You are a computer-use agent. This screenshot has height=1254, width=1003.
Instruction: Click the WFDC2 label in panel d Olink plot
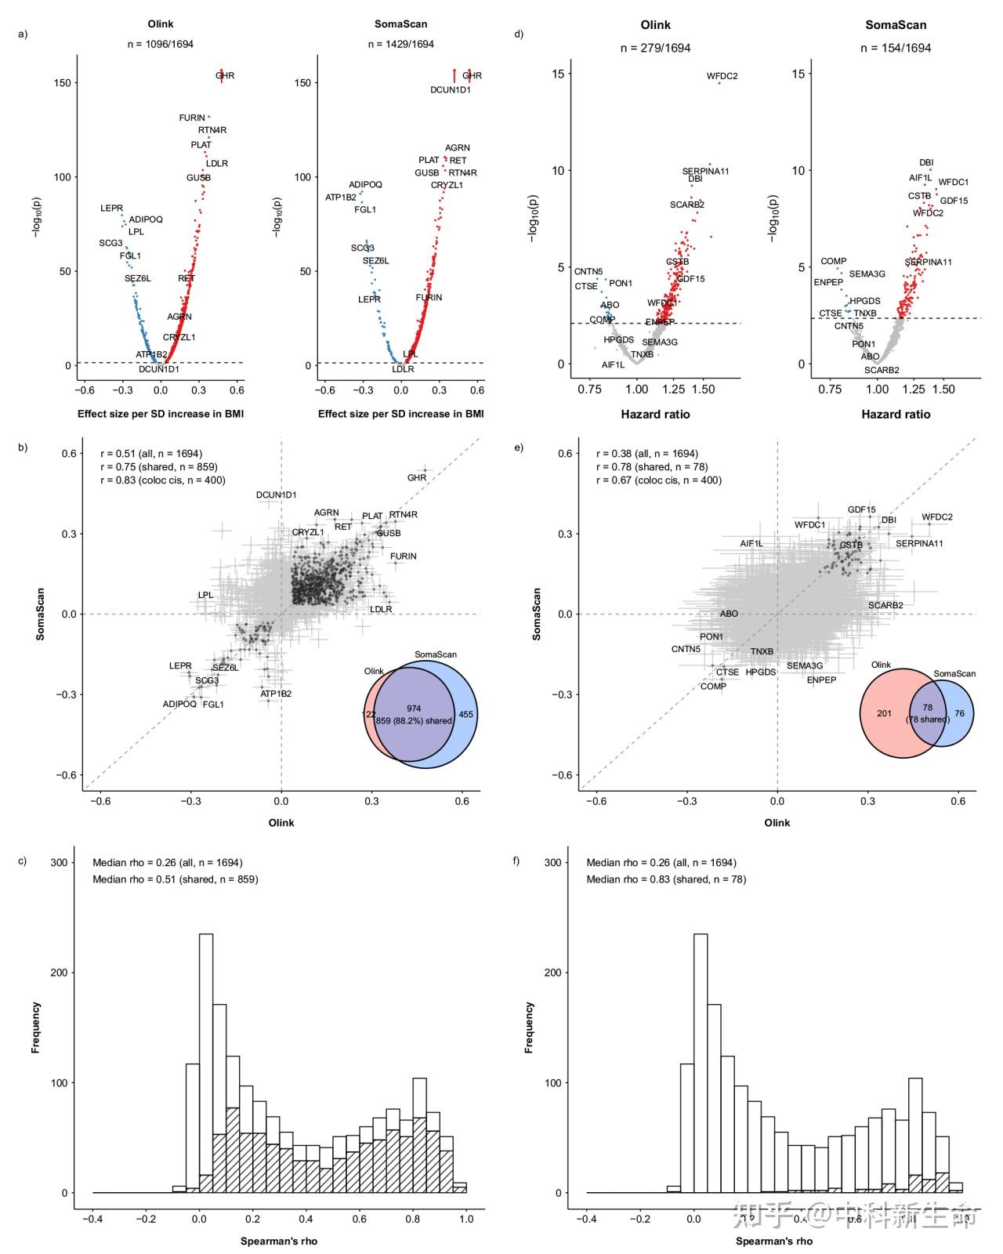click(722, 77)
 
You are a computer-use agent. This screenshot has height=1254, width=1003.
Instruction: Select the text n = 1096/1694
click(161, 45)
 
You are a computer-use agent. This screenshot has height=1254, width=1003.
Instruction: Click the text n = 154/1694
click(896, 48)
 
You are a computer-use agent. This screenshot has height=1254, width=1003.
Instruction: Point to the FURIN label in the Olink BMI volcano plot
click(192, 118)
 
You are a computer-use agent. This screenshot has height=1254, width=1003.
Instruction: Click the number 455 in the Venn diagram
click(465, 714)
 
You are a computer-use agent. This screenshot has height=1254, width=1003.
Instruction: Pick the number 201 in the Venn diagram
click(884, 713)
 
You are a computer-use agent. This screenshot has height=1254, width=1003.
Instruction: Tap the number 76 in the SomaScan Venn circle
click(959, 713)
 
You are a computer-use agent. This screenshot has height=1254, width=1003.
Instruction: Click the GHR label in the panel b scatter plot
click(417, 477)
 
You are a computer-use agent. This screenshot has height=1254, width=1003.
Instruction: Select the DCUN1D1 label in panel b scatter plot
click(277, 495)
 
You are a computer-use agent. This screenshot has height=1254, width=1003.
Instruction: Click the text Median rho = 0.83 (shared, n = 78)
click(666, 879)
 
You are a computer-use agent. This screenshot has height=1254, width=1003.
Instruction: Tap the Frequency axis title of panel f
click(529, 1027)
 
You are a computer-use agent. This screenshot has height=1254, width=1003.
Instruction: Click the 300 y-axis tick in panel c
click(60, 862)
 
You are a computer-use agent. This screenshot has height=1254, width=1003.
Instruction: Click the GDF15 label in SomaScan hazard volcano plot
click(954, 201)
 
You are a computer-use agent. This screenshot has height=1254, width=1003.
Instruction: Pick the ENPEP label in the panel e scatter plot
click(821, 680)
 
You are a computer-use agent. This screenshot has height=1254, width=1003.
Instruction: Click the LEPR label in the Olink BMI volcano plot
click(111, 208)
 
